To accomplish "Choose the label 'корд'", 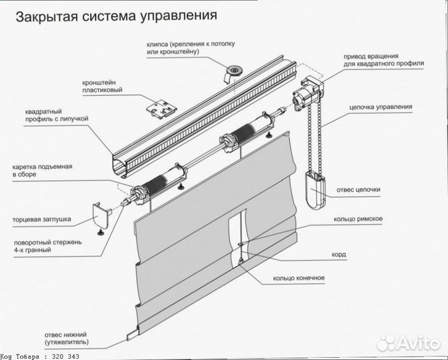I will pyautogui.click(x=339, y=254).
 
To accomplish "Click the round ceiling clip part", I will pyautogui.click(x=235, y=69).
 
